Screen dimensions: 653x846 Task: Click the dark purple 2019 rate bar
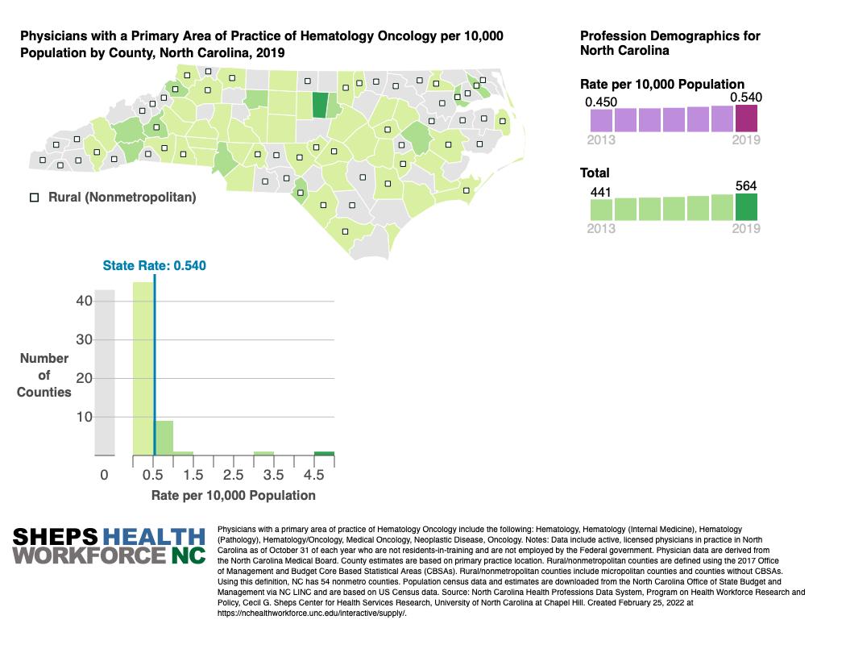click(746, 118)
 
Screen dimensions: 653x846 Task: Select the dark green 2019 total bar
click(746, 207)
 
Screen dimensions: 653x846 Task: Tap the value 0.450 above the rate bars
click(600, 102)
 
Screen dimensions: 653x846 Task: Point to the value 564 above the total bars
click(747, 186)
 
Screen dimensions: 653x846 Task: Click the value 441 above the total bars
click(601, 191)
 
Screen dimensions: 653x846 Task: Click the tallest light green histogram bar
click(143, 368)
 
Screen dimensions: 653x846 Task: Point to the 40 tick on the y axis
click(85, 301)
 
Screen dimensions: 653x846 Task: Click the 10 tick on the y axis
click(85, 417)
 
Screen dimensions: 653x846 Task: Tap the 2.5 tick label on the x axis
click(233, 476)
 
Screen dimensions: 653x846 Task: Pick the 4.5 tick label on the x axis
click(313, 476)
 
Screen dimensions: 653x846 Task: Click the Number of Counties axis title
click(44, 375)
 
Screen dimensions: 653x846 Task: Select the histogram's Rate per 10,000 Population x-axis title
click(233, 495)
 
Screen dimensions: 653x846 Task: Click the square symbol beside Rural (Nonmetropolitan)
click(35, 197)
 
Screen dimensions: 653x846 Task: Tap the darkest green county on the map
click(320, 106)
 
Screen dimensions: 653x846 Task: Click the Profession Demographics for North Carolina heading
click(670, 43)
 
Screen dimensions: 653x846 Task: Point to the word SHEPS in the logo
click(56, 537)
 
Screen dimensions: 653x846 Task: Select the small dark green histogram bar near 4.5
click(324, 453)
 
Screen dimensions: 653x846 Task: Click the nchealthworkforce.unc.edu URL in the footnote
click(312, 613)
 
